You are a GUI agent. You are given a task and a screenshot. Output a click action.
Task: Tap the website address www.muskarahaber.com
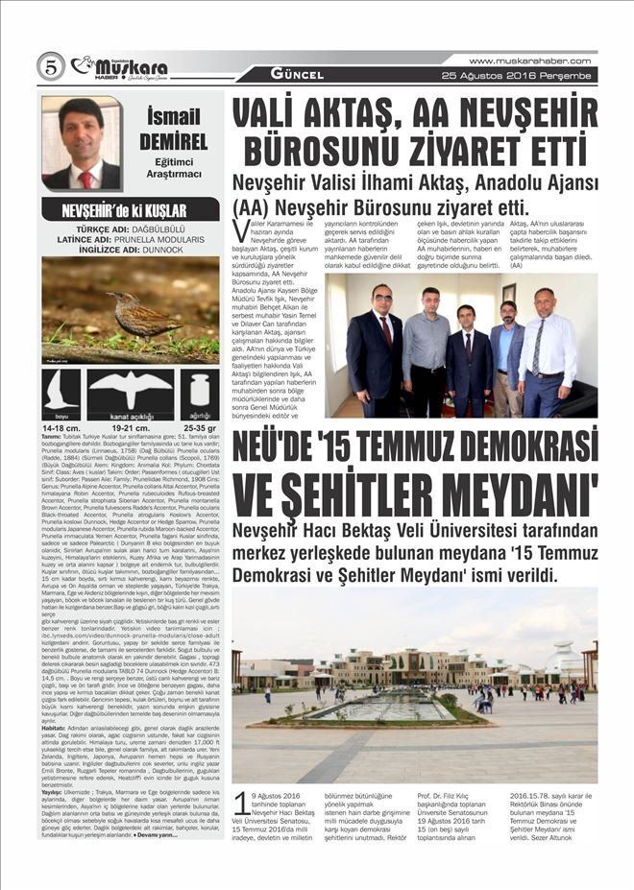[530, 60]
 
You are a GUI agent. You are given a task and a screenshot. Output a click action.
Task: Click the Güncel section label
[289, 73]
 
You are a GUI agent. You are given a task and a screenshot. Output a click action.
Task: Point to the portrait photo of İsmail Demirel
[82, 143]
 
